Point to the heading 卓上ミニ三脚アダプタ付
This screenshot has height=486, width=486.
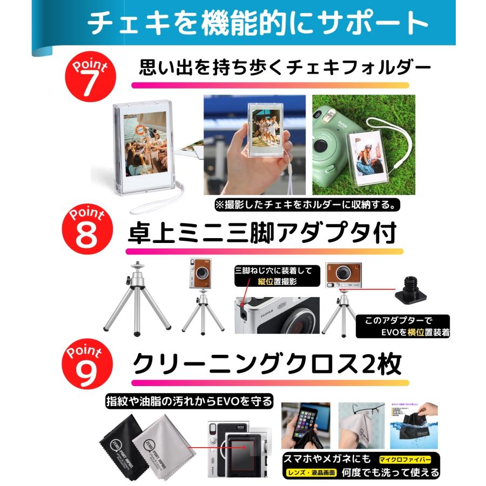coord(262,234)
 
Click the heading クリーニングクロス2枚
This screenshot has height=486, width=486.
coord(267,365)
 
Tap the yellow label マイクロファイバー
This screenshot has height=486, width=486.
coord(404,460)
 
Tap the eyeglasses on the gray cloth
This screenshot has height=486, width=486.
coord(359,416)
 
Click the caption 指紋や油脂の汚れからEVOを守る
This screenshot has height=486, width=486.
coord(188,401)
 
